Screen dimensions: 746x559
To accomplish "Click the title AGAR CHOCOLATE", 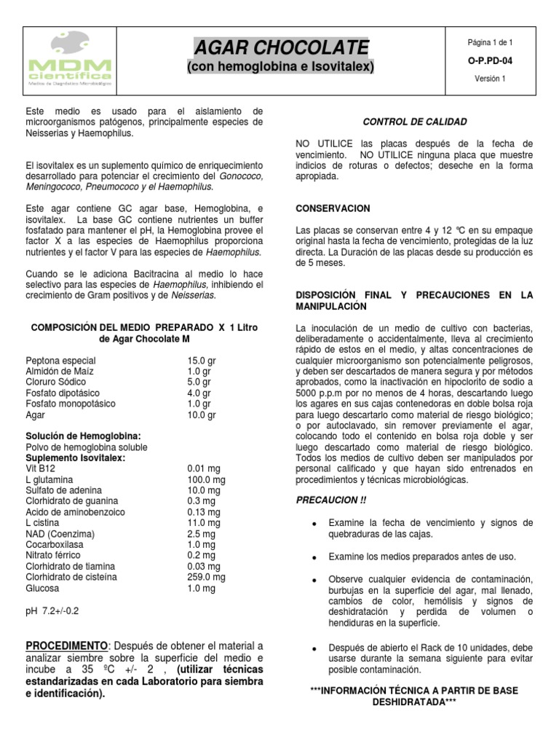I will [281, 48].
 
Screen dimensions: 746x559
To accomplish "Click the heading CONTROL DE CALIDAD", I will [415, 122].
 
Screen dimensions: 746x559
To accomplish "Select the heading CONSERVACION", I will [333, 208].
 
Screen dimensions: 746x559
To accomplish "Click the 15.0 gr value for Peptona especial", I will [201, 360].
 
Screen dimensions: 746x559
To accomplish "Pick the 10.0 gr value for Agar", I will [201, 415].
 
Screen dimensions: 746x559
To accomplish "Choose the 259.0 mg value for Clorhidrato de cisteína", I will [206, 576].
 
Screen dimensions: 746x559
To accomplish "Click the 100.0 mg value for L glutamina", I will [206, 481].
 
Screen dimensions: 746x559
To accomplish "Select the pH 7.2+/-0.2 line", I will [52, 610].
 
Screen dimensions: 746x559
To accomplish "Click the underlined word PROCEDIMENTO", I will [66, 647].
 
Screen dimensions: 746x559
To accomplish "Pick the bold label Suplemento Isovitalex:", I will [75, 458].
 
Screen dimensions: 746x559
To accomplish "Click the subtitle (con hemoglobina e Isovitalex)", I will [281, 67].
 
